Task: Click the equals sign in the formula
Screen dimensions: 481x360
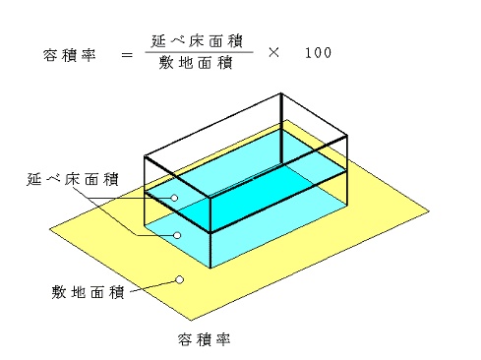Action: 127,55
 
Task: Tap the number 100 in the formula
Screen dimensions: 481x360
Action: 318,53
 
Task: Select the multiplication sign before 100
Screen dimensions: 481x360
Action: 273,52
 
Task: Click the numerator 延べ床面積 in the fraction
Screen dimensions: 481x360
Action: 197,41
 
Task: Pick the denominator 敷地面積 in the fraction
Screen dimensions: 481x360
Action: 196,63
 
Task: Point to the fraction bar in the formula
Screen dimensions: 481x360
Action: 199,52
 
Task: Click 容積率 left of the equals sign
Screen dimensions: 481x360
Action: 69,55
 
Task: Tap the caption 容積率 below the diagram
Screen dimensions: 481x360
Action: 204,339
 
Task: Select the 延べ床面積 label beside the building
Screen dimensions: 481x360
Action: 73,179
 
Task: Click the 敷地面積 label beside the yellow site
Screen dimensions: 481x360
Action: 88,292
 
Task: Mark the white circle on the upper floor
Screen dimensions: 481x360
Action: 175,198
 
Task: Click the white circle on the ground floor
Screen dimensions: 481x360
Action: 177,235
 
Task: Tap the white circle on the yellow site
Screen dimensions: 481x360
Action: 179,279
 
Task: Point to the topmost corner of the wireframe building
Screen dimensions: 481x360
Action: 281,93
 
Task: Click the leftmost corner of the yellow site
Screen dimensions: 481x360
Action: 49,229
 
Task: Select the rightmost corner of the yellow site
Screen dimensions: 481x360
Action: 429,211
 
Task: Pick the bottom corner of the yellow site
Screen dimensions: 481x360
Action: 191,321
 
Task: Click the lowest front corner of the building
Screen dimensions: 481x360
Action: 210,269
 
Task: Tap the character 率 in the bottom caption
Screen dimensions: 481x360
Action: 223,339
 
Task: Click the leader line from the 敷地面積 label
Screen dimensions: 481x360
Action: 152,286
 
